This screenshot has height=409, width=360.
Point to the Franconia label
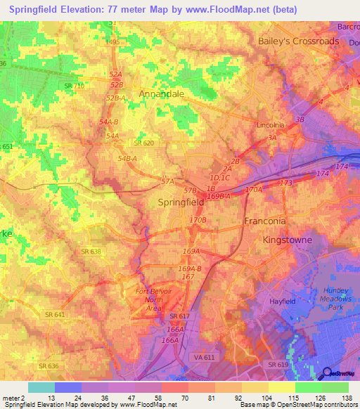click(x=264, y=221)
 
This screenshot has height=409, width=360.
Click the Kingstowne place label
click(x=286, y=240)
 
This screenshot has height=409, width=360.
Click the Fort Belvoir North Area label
click(x=154, y=299)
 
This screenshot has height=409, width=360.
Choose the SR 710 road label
click(x=74, y=86)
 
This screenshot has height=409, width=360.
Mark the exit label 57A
click(x=167, y=181)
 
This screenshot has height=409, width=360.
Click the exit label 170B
click(x=198, y=220)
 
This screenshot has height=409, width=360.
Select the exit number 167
click(x=188, y=277)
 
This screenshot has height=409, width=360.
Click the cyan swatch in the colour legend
click(x=41, y=387)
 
